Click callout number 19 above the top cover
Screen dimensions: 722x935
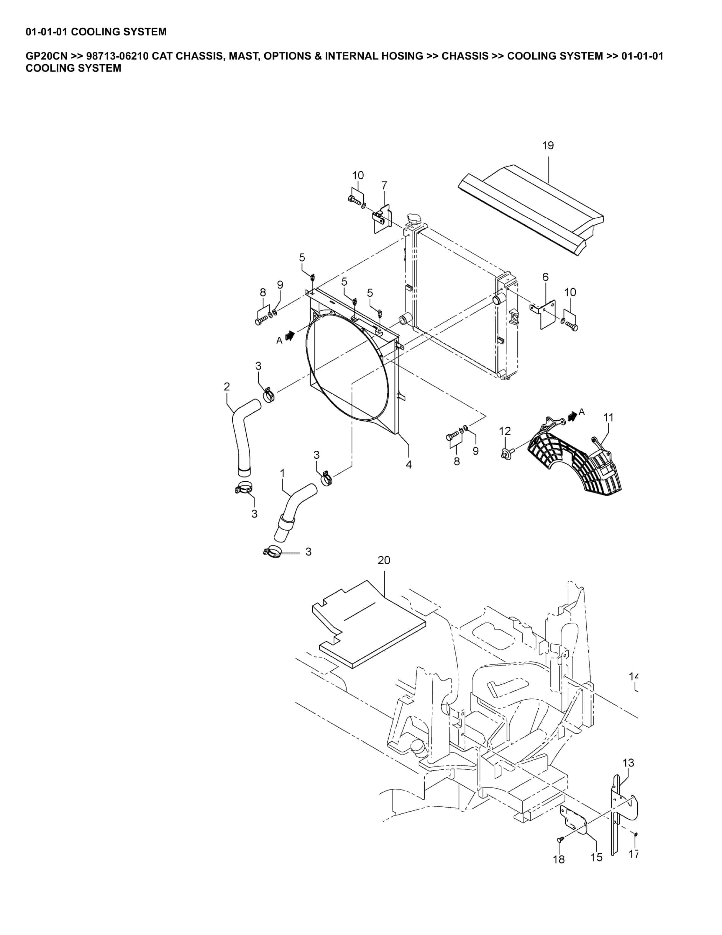548,146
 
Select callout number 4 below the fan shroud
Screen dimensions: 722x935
408,465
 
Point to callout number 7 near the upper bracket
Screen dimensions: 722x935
384,185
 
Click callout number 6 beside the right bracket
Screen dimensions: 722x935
545,277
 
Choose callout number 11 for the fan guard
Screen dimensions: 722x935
608,417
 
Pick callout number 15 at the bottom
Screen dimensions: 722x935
597,857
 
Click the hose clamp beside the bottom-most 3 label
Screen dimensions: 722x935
272,552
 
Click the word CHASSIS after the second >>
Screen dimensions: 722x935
465,56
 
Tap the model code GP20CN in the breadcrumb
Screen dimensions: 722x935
47,56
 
